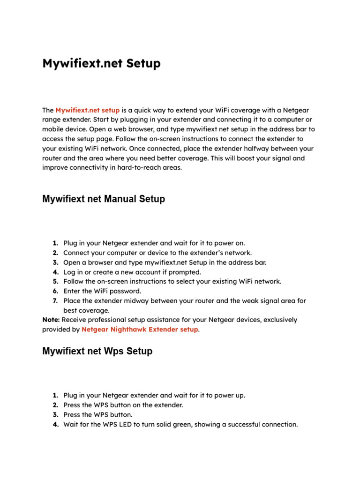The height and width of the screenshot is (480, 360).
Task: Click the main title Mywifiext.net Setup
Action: pyautogui.click(x=101, y=63)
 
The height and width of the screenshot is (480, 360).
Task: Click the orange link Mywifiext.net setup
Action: pyautogui.click(x=87, y=110)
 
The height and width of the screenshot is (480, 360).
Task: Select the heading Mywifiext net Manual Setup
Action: pyautogui.click(x=104, y=199)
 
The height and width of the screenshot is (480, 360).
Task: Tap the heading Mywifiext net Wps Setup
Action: pyautogui.click(x=97, y=351)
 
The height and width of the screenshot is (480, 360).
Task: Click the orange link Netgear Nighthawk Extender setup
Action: pyautogui.click(x=140, y=329)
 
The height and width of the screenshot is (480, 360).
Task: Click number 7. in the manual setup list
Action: pyautogui.click(x=55, y=300)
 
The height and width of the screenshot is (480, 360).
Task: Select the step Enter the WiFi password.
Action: pyautogui.click(x=102, y=291)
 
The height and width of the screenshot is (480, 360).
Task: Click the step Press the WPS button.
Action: pyautogui.click(x=98, y=415)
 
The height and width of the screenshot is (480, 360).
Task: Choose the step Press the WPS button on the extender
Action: pyautogui.click(x=123, y=405)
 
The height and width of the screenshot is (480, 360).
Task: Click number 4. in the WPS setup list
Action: pyautogui.click(x=55, y=424)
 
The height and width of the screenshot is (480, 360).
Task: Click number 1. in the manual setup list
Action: pyautogui.click(x=55, y=243)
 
